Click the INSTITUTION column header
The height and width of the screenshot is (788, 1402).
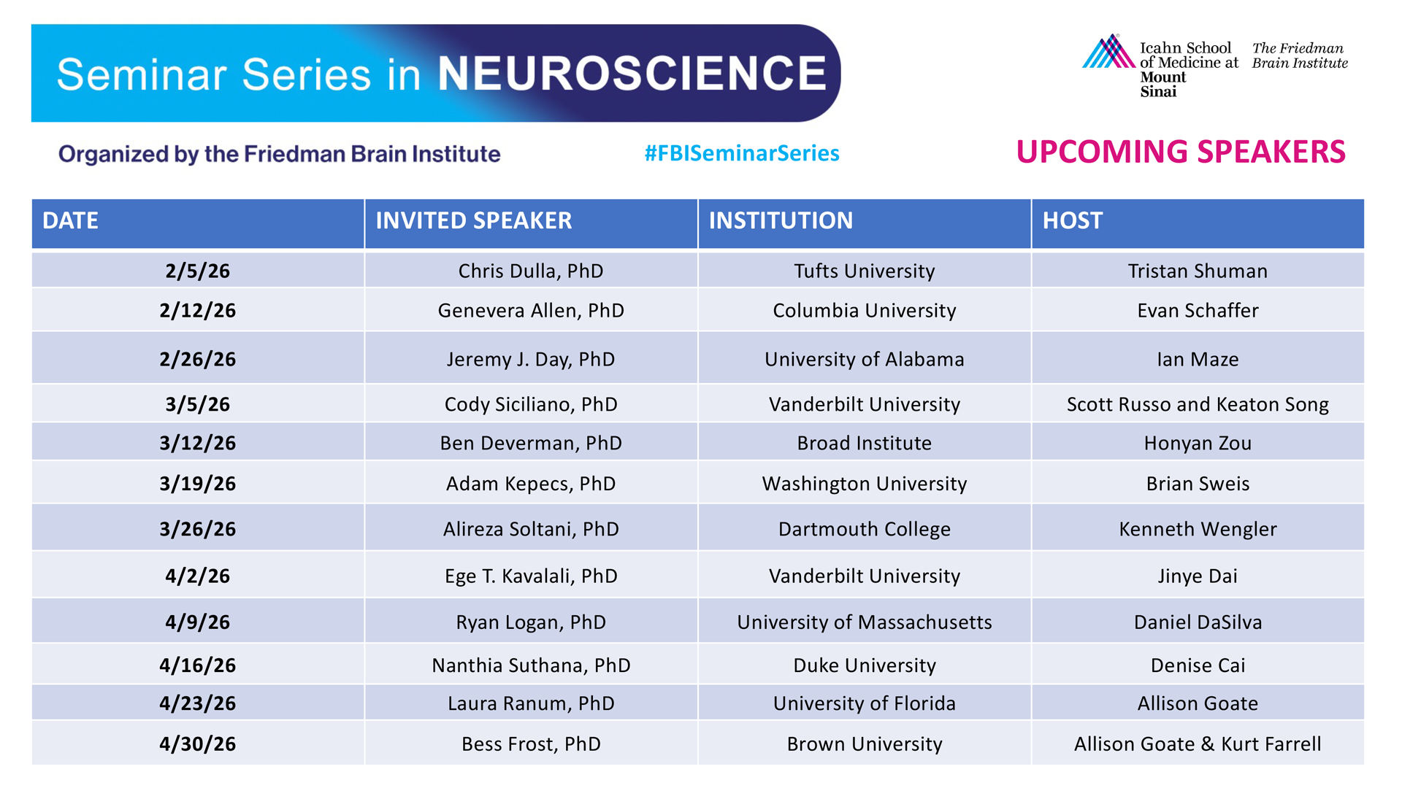pos(781,220)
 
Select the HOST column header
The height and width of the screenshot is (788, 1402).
pos(1072,220)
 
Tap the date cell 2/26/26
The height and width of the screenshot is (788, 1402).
pos(198,359)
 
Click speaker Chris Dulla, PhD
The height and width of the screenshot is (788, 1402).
pos(531,271)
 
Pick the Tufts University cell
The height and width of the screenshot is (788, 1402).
pos(865,271)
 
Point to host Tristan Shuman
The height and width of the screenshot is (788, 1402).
pos(1198,271)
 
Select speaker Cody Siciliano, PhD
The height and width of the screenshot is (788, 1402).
pos(531,404)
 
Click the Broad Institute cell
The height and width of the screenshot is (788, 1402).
pos(865,443)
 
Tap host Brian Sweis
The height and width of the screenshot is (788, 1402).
pos(1198,483)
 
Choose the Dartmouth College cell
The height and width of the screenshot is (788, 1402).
pos(865,529)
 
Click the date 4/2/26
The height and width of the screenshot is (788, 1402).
pos(198,576)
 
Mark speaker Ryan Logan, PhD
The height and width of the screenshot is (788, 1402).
pos(531,622)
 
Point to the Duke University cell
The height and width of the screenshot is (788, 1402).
pos(865,665)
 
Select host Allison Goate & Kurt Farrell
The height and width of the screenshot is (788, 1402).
pos(1198,743)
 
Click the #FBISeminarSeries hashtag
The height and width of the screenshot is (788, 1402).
pos(742,153)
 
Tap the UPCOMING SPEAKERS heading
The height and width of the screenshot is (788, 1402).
pos(1181,152)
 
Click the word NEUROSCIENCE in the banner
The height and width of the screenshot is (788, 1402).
pos(632,73)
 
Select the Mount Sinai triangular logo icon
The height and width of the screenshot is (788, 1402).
pos(1108,51)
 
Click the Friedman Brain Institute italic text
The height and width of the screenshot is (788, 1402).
pos(1300,55)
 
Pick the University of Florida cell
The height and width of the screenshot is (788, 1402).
pos(865,703)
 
